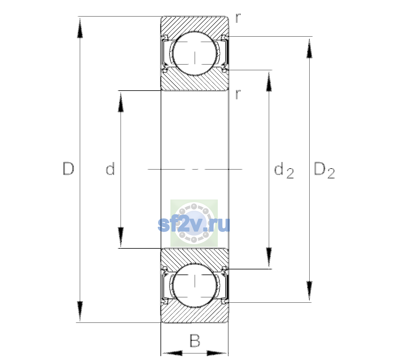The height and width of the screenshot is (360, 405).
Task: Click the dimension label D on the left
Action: point(69,169)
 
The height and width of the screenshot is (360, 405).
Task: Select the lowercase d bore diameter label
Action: point(110,169)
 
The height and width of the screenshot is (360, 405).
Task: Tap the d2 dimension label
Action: point(284,170)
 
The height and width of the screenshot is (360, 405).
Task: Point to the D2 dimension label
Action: point(324,170)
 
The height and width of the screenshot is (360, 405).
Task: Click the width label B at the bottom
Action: point(195,340)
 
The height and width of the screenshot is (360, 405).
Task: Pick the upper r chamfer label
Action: point(238,18)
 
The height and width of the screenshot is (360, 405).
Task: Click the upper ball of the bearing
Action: point(195,53)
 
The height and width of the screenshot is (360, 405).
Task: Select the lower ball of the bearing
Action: point(195,285)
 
